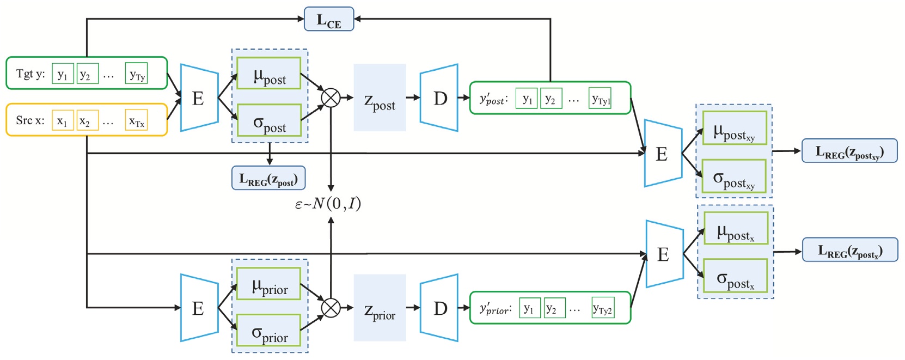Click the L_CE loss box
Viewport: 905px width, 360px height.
(329, 19)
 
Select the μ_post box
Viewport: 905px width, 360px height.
(269, 74)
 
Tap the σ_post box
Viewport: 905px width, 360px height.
(269, 121)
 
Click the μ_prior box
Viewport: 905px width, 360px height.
(269, 284)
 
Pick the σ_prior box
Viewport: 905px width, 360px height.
(269, 331)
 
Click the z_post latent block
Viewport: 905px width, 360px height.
(380, 98)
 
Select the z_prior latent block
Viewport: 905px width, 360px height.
(380, 308)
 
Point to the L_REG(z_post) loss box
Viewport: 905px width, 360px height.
(268, 178)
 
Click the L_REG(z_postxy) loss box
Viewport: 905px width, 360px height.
(849, 151)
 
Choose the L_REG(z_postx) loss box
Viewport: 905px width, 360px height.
(849, 250)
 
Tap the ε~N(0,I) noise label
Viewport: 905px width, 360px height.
(328, 204)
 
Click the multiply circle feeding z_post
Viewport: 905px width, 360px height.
(331, 98)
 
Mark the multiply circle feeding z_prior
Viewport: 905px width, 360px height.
(331, 308)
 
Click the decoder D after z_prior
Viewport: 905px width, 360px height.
(440, 308)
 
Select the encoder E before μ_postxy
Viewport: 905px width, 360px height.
(662, 154)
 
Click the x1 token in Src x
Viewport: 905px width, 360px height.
(62, 120)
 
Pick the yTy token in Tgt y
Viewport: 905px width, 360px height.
(136, 74)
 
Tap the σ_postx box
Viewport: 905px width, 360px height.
(735, 276)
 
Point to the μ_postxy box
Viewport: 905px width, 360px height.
(734, 128)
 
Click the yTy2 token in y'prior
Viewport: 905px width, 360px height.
(603, 308)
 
